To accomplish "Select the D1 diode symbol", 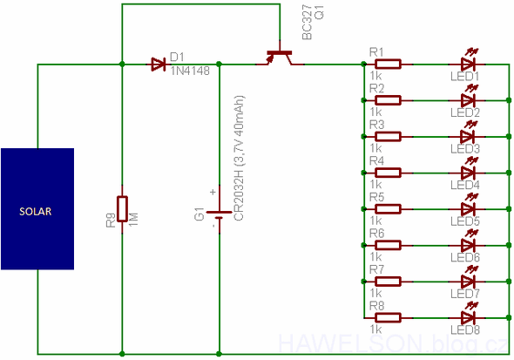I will coord(158,63).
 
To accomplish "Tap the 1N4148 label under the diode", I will coord(190,71).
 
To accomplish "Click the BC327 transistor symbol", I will coord(279,58).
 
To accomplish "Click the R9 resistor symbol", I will coord(122,209).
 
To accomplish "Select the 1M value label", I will coord(133,220).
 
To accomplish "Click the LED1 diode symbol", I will coord(467,64).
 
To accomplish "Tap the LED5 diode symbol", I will coord(467,208).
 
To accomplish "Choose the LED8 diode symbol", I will coord(467,317).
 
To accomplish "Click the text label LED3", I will coord(464,149).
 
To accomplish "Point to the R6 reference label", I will coord(376,234).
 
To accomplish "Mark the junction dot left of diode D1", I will coord(122,64).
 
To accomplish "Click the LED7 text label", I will coord(464,294).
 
